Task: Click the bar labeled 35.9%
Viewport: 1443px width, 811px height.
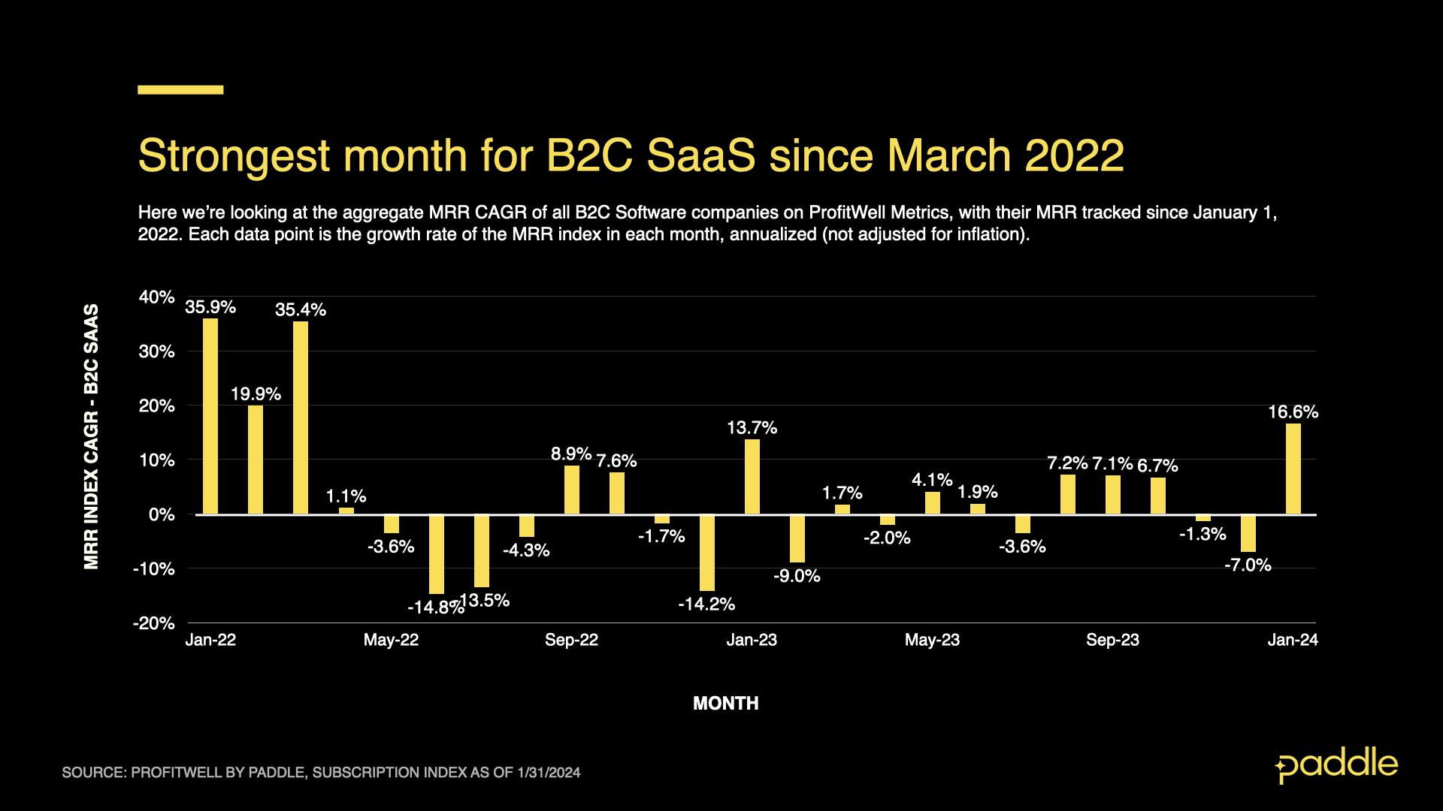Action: click(210, 416)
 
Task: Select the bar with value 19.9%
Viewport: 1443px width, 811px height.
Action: click(256, 460)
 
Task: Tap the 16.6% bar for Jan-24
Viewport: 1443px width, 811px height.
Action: click(1293, 469)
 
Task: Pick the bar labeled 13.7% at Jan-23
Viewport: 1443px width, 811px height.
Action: click(752, 477)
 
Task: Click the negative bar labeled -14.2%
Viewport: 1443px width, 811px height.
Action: click(706, 553)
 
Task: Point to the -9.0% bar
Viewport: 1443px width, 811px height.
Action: click(797, 538)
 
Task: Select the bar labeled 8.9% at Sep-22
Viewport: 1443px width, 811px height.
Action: click(571, 490)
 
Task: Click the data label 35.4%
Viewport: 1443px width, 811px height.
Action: click(301, 309)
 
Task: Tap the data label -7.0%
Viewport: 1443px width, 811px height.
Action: click(1248, 565)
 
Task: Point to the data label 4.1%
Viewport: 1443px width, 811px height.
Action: click(932, 479)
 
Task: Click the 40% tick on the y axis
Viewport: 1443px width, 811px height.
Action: click(156, 297)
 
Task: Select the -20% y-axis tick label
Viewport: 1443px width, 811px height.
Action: click(154, 623)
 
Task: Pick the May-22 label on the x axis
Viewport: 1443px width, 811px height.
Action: click(391, 640)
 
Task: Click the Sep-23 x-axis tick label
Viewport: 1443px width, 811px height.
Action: click(1112, 640)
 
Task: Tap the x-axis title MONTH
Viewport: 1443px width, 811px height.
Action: click(725, 704)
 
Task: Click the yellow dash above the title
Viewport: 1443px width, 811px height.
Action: click(180, 89)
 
